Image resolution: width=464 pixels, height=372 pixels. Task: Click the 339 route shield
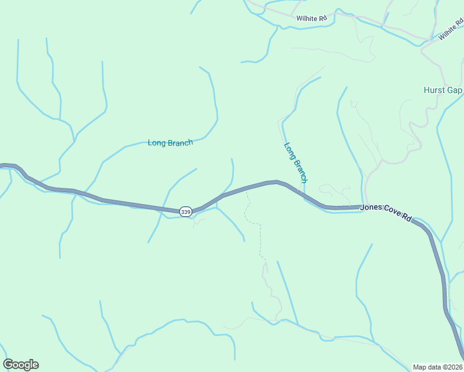pyautogui.click(x=186, y=212)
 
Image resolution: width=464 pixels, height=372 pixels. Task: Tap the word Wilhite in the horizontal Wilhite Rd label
pyautogui.click(x=307, y=19)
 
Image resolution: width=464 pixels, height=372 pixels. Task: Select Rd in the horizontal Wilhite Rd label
pyautogui.click(x=323, y=19)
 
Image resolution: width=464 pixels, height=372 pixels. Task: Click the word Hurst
pyautogui.click(x=434, y=90)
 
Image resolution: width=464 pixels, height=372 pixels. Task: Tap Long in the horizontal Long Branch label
pyautogui.click(x=157, y=143)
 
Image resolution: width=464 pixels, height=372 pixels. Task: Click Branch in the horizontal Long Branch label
pyautogui.click(x=180, y=143)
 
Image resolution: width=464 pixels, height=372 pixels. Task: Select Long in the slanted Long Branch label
pyautogui.click(x=289, y=151)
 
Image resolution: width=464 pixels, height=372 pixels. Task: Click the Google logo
pyautogui.click(x=20, y=365)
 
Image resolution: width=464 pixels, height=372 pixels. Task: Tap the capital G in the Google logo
pyautogui.click(x=8, y=365)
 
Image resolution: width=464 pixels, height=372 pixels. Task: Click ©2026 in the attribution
pyautogui.click(x=455, y=366)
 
